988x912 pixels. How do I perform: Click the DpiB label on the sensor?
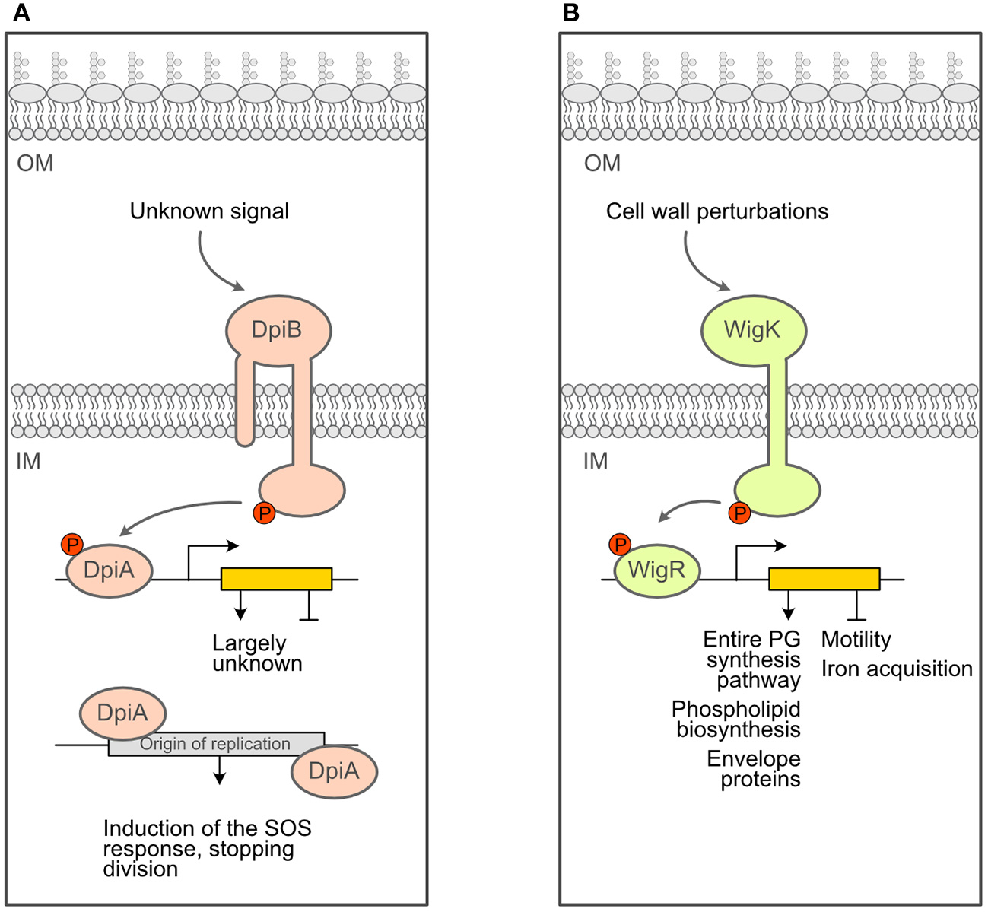click(277, 330)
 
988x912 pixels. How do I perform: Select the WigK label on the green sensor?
click(752, 330)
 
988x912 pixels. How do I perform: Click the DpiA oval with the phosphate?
click(110, 570)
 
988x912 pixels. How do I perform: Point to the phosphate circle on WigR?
click(621, 545)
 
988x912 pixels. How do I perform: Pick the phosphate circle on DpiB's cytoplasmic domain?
click(264, 513)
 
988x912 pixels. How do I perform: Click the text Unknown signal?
click(209, 211)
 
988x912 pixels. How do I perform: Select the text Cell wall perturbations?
click(716, 211)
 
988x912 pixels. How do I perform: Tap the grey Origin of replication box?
click(216, 744)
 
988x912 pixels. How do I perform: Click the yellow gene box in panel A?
click(276, 579)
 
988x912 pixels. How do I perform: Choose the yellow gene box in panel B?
click(824, 579)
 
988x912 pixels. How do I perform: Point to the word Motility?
click(856, 640)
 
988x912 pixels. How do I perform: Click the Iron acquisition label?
click(897, 669)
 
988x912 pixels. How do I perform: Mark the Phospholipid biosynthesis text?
click(736, 720)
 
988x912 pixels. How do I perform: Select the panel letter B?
click(570, 13)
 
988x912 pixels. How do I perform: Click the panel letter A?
click(21, 13)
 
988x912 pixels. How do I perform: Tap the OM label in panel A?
click(35, 164)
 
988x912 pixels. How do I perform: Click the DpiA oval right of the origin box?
click(334, 771)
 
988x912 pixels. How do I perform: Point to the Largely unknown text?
click(256, 653)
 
